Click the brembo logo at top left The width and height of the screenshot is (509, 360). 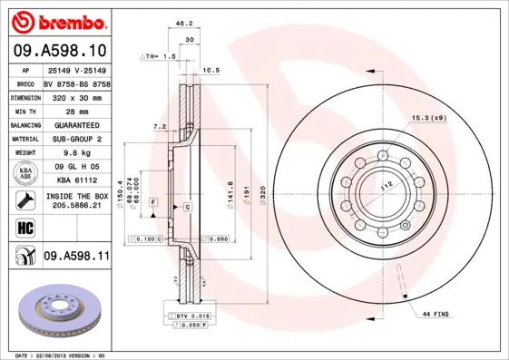[x=57, y=20]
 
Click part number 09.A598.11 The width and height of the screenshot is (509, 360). [x=76, y=258]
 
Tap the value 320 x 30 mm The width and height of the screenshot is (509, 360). [x=76, y=95]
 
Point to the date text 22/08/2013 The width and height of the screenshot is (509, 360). [x=63, y=355]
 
